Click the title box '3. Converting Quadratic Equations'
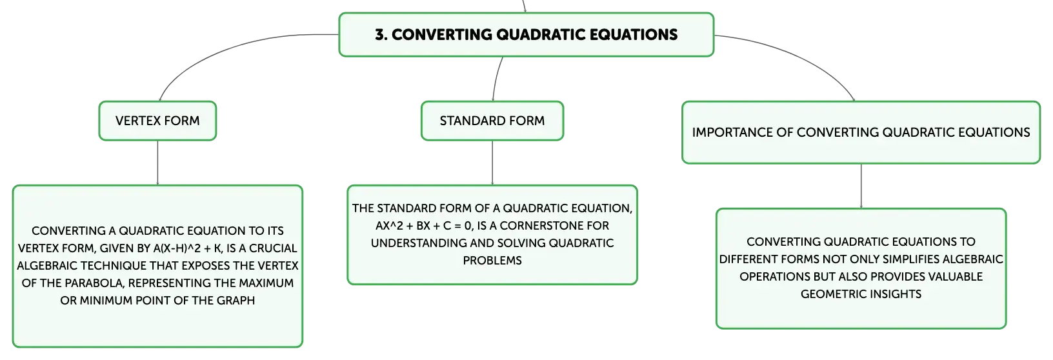pyautogui.click(x=526, y=35)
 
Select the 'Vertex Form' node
pyautogui.click(x=157, y=121)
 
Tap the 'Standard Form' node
pyautogui.click(x=492, y=121)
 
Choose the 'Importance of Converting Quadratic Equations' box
pyautogui.click(x=861, y=132)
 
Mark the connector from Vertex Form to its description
pyautogui.click(x=157, y=163)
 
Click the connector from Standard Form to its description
pyautogui.click(x=492, y=163)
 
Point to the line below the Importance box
pyautogui.click(x=861, y=186)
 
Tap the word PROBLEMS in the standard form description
pyautogui.click(x=492, y=261)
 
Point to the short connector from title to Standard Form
pyautogui.click(x=496, y=79)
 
